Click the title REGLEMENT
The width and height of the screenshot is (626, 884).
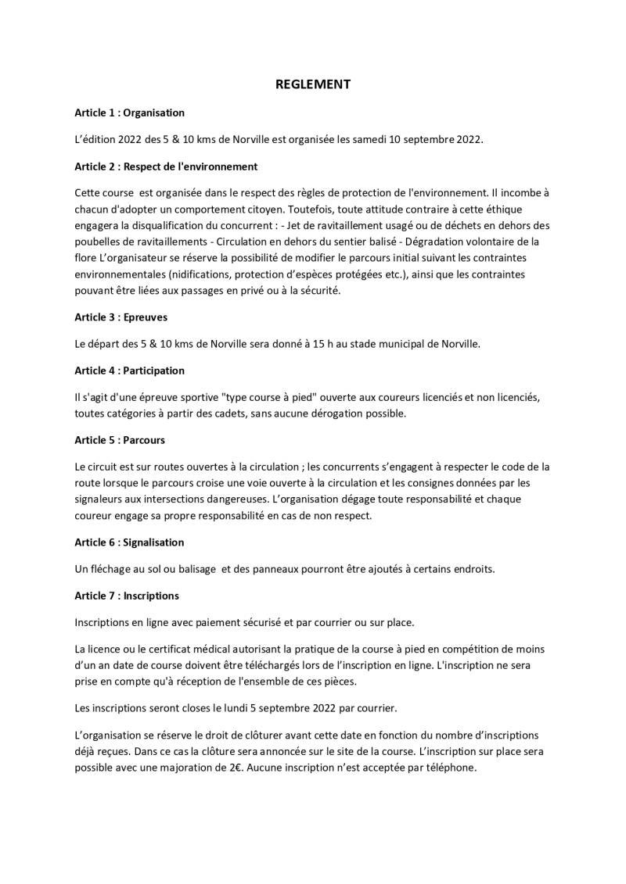click(313, 84)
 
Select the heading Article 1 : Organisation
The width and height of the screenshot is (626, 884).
click(130, 113)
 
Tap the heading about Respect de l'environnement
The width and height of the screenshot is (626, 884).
click(166, 166)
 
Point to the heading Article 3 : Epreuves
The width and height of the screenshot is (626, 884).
click(121, 317)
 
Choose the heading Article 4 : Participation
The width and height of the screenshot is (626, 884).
click(130, 370)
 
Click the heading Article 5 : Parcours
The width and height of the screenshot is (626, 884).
click(120, 440)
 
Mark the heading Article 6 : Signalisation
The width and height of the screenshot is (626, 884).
click(130, 542)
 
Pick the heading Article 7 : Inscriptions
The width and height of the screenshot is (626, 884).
click(127, 596)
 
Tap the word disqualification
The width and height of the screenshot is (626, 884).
click(174, 225)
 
